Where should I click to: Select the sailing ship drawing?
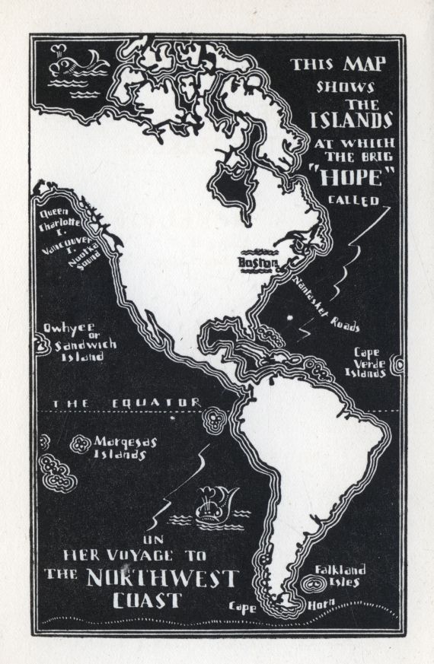(209, 505)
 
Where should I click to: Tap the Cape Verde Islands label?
(372, 363)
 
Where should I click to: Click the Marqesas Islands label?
(120, 448)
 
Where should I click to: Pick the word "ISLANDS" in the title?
(350, 119)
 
